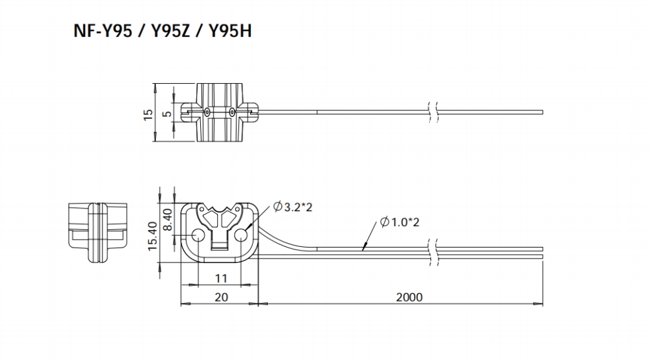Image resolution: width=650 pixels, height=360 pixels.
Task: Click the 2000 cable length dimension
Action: (409, 297)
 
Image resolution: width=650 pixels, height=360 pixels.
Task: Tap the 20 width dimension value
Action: (222, 297)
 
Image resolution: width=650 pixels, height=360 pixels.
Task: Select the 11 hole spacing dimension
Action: (222, 278)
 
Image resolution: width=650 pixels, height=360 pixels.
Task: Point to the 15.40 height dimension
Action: (153, 236)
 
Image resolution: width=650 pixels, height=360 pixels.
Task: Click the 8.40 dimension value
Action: (168, 220)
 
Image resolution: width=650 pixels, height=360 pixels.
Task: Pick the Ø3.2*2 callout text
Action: (292, 207)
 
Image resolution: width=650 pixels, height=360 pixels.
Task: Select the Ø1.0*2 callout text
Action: (400, 222)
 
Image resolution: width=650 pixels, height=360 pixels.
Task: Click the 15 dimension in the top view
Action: (148, 115)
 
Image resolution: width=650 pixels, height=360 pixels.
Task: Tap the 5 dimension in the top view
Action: (166, 114)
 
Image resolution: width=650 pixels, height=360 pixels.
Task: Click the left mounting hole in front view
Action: (198, 236)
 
